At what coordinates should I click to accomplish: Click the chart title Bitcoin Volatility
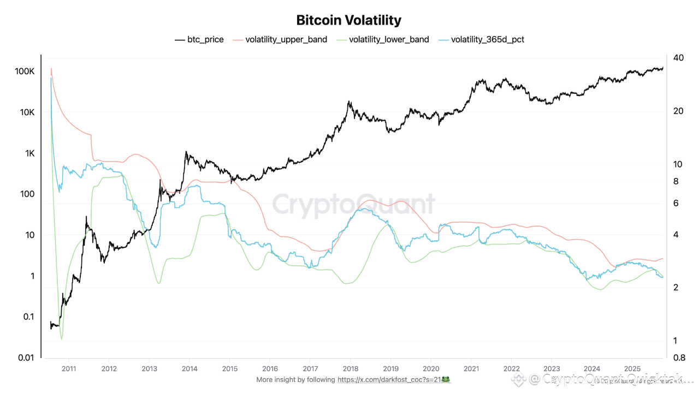click(348, 21)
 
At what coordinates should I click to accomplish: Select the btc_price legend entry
click(199, 39)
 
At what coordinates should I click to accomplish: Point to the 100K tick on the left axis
click(25, 72)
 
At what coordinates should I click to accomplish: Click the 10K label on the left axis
click(27, 112)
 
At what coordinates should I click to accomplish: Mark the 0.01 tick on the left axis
click(25, 358)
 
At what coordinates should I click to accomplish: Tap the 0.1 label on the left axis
click(28, 317)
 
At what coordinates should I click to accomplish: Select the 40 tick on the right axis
click(679, 58)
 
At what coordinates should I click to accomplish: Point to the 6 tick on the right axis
click(676, 203)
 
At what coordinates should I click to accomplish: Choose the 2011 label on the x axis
click(68, 368)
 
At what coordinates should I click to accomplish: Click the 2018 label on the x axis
click(350, 368)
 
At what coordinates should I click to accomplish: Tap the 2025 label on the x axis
click(632, 368)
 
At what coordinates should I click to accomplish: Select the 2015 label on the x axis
click(229, 368)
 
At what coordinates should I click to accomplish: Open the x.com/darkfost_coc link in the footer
click(389, 379)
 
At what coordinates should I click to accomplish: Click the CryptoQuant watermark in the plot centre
click(353, 205)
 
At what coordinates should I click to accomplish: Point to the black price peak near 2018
click(348, 102)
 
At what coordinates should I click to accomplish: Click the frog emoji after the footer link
click(446, 379)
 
